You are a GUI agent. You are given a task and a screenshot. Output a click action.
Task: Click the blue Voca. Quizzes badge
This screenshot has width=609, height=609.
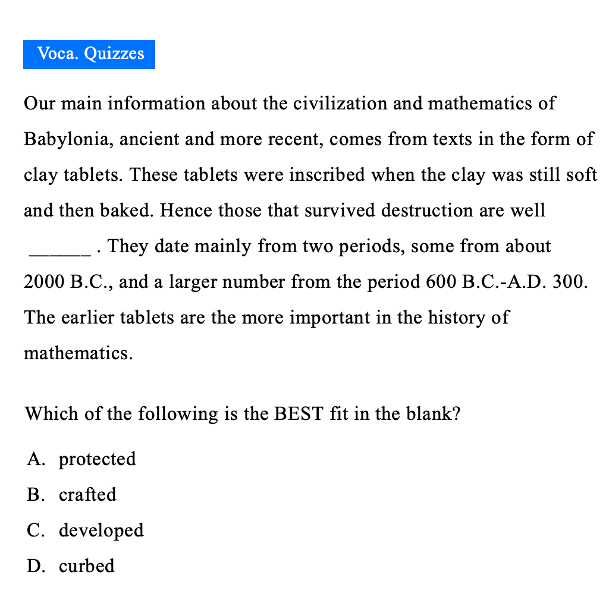click(89, 54)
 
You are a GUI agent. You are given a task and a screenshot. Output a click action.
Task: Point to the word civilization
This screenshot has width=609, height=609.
click(343, 103)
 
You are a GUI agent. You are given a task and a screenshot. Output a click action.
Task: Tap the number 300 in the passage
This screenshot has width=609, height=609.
click(567, 282)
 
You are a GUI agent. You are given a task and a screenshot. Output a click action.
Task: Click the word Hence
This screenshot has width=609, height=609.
click(187, 211)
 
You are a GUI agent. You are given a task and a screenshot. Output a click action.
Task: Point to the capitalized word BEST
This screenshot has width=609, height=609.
click(299, 413)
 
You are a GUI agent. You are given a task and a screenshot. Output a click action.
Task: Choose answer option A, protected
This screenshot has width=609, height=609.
click(97, 459)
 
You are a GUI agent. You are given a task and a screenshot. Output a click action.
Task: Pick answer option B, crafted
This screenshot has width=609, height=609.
click(87, 495)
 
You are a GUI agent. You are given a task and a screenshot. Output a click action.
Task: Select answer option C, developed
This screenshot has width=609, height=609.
click(101, 530)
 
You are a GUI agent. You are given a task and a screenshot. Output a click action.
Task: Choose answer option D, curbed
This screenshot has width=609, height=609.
click(87, 566)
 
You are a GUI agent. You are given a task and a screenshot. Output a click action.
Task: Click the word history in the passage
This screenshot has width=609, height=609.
click(457, 318)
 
